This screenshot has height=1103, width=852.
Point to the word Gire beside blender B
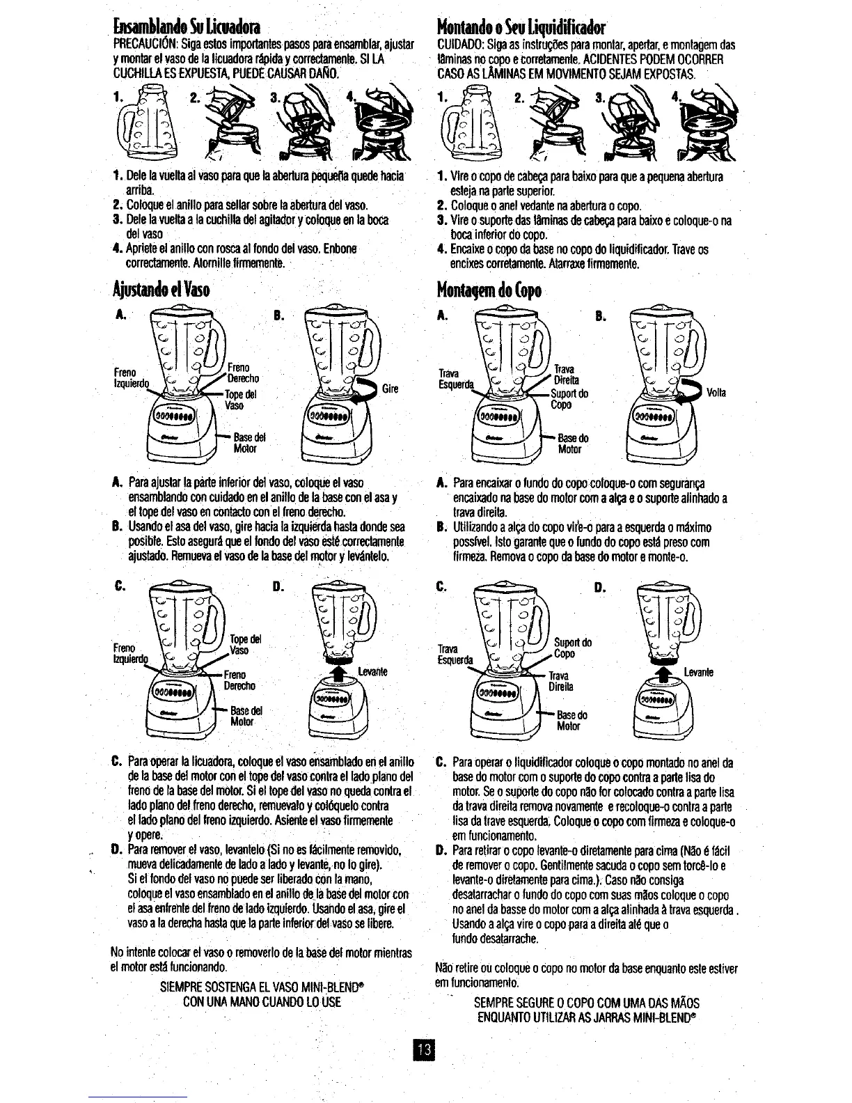click(390, 388)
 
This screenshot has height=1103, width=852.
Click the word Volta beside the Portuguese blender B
click(716, 393)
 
